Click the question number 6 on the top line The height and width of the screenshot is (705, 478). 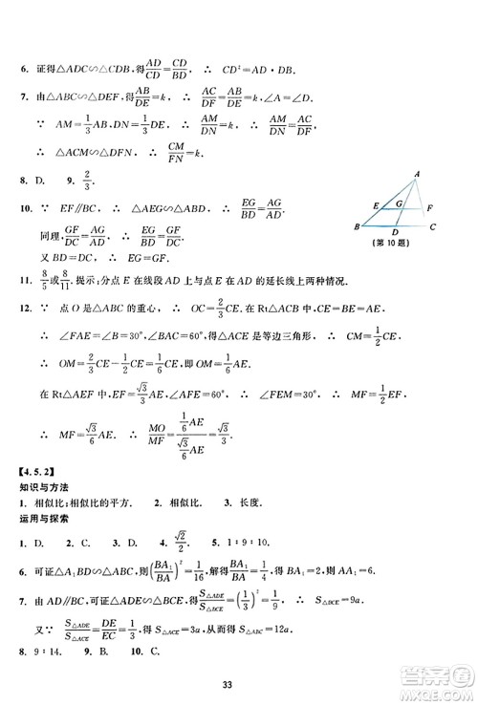(x=22, y=68)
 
